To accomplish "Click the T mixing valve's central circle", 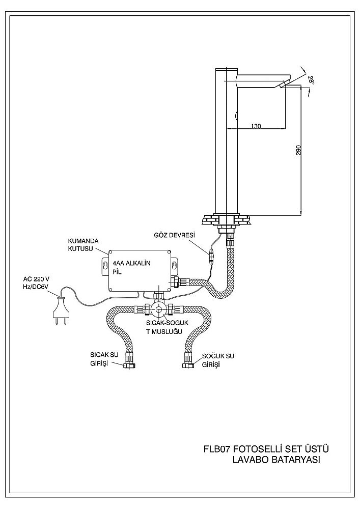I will pyautogui.click(x=158, y=308).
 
